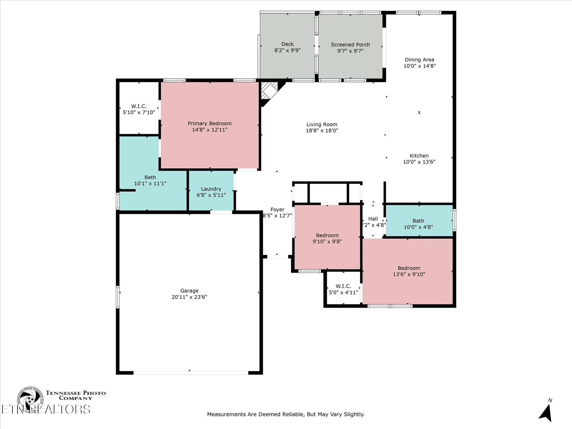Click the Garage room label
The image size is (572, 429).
tap(189, 291)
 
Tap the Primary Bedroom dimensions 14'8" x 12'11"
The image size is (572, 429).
tap(210, 130)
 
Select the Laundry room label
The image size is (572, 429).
tap(211, 189)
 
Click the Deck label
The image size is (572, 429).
tap(287, 44)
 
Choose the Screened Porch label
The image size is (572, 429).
tap(350, 45)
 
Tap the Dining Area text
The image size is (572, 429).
tap(419, 60)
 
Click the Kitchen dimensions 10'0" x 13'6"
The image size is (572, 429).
tap(419, 162)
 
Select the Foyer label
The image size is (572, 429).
tap(277, 210)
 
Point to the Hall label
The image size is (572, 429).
tap(373, 219)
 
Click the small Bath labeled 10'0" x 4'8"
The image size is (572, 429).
tap(418, 224)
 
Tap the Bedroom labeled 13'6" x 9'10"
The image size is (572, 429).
tap(409, 271)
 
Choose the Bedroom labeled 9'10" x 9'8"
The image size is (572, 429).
tap(327, 238)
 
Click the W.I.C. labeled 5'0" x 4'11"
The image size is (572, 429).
tap(343, 289)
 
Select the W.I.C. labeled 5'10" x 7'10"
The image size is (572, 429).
tap(139, 109)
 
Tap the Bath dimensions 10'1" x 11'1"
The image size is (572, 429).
tap(150, 184)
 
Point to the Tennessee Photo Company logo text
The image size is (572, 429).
tap(76, 395)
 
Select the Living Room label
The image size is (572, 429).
tap(322, 124)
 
